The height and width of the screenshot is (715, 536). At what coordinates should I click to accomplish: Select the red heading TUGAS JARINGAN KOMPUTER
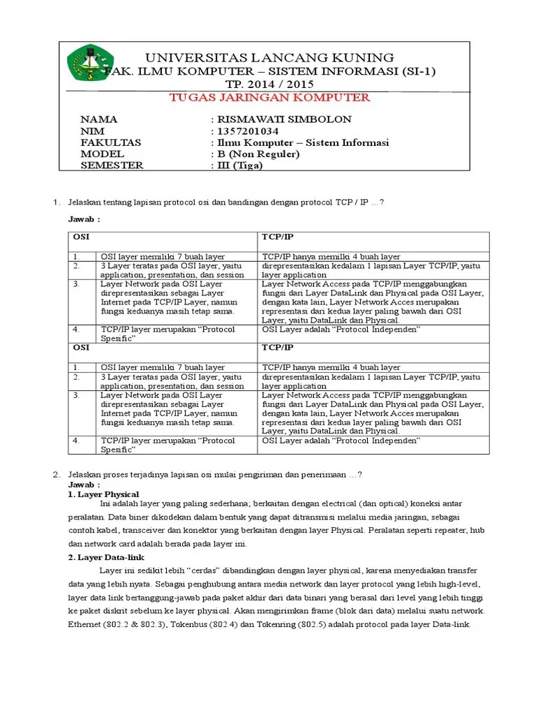coord(270,97)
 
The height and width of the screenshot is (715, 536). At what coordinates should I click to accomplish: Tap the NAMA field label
coord(99,119)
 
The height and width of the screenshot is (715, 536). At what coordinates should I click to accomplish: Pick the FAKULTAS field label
coord(111,142)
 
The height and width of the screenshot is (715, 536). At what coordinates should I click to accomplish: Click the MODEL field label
coord(103,154)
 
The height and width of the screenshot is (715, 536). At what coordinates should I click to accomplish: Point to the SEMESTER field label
coord(112,165)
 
